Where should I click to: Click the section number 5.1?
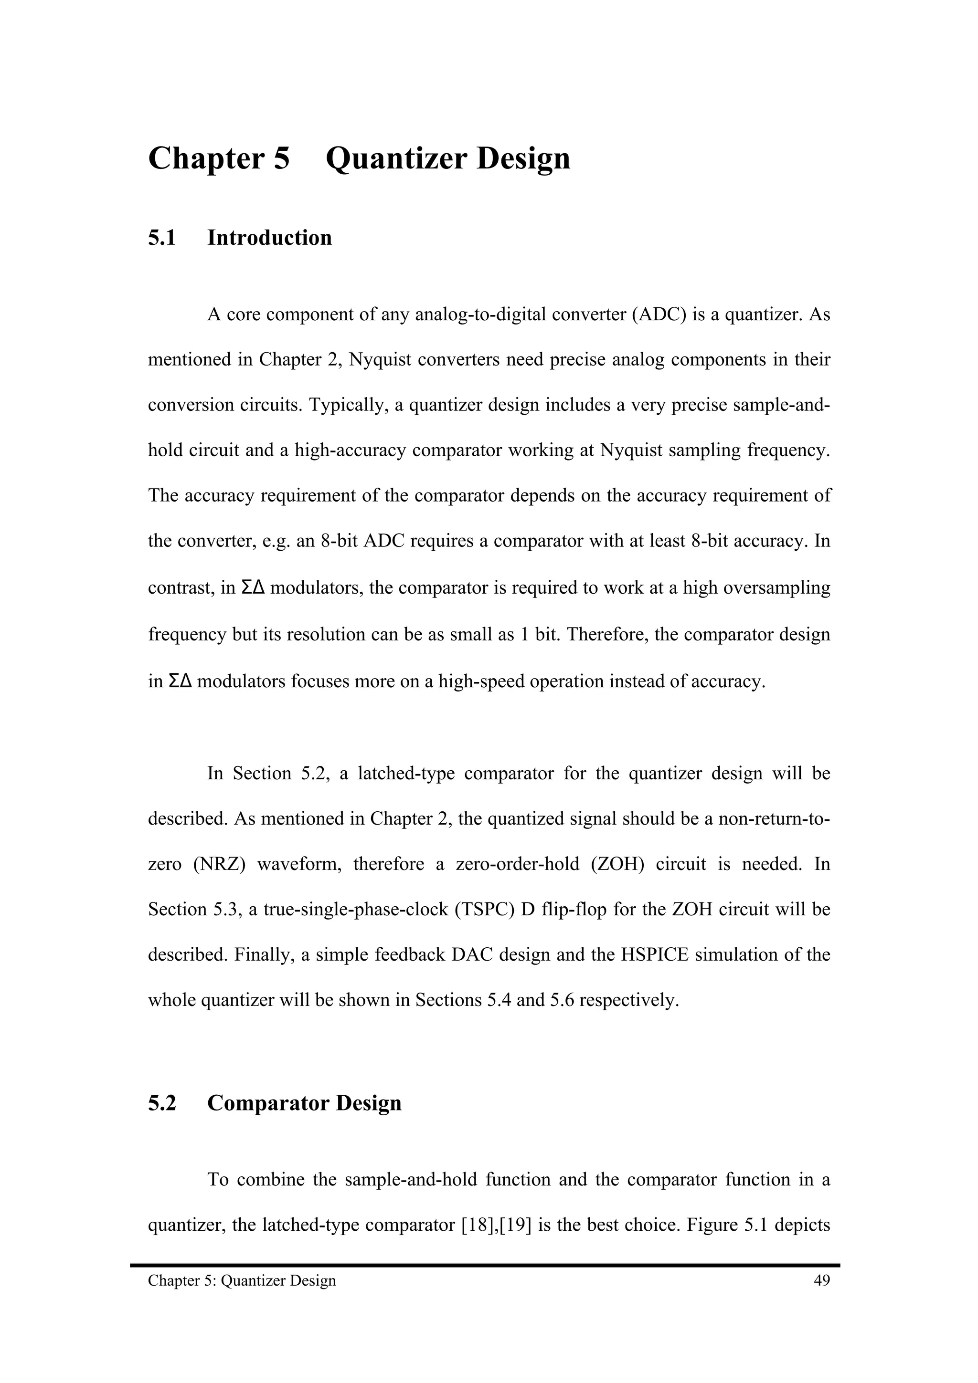click(x=162, y=238)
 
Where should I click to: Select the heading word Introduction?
click(x=269, y=238)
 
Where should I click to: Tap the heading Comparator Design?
click(x=304, y=1103)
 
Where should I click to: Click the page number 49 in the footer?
click(x=821, y=1280)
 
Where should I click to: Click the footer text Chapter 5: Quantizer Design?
click(x=242, y=1280)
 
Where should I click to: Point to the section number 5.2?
click(x=162, y=1103)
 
